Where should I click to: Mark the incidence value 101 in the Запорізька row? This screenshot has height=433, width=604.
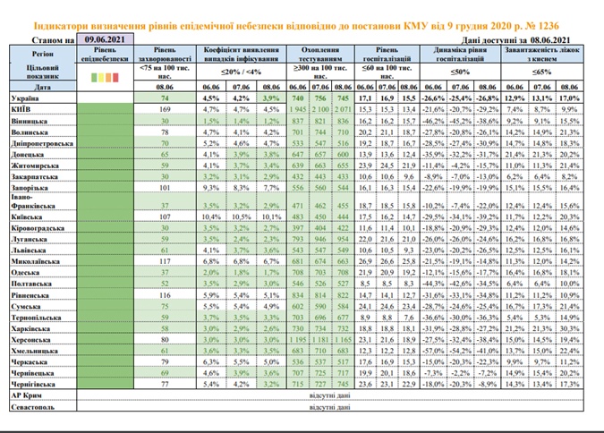tap(164, 189)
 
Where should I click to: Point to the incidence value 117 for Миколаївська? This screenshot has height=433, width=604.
tap(164, 261)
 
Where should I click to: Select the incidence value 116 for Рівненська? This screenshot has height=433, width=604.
tap(164, 293)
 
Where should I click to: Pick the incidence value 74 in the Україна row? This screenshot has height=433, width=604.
tap(165, 96)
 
